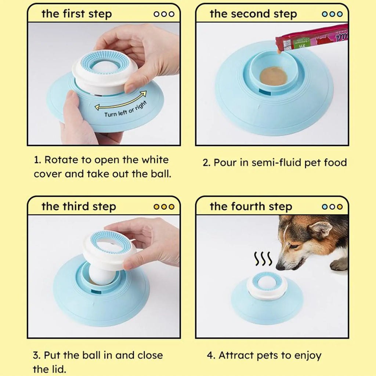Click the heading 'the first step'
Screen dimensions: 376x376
point(76,14)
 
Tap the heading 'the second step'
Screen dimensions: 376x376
point(253,14)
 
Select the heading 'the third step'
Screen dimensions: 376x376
point(79,206)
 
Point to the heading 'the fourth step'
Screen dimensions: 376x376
point(251,206)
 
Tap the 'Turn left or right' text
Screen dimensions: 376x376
point(125,109)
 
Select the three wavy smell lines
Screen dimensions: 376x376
point(263,259)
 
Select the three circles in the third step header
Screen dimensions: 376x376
point(164,207)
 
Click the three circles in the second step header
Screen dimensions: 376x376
point(332,14)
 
